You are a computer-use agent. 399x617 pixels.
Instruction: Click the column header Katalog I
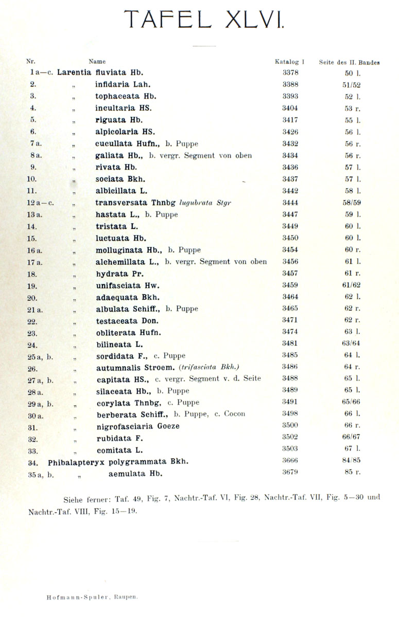(x=289, y=62)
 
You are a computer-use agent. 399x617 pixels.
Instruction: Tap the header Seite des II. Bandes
(x=349, y=63)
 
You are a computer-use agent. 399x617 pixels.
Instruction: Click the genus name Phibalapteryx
(x=73, y=461)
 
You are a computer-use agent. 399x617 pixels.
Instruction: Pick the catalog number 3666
(x=290, y=461)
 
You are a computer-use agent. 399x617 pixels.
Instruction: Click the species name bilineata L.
(x=119, y=344)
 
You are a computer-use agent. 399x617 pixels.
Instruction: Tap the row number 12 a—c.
(x=40, y=203)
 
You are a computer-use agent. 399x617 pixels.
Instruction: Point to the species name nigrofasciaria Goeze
(x=138, y=426)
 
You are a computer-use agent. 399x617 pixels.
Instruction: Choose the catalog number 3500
(x=290, y=425)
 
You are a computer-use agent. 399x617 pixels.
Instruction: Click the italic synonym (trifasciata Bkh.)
(x=210, y=367)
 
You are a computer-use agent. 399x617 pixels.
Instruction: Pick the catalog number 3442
(x=290, y=191)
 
